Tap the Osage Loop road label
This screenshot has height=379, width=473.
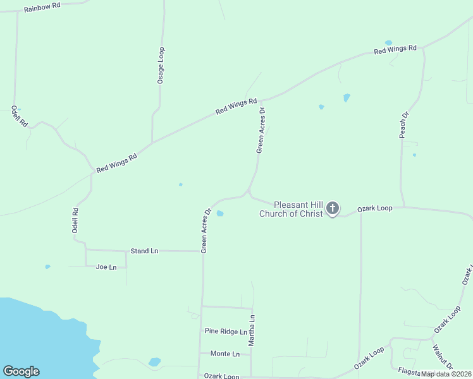tap(161, 65)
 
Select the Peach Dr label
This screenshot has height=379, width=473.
tap(405, 124)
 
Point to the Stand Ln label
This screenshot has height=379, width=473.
tap(144, 251)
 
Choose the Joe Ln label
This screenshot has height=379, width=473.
tap(106, 267)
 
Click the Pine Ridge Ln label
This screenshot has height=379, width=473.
tap(226, 331)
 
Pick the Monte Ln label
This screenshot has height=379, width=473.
tap(225, 354)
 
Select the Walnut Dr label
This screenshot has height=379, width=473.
tap(443, 357)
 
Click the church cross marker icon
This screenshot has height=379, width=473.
tap(333, 208)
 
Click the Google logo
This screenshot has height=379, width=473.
tap(21, 371)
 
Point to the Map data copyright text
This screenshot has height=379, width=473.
tap(446, 374)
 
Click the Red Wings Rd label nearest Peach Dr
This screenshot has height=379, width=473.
tap(395, 49)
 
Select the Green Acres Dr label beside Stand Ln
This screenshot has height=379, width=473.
tap(206, 231)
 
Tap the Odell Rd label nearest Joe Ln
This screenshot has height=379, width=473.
tap(75, 222)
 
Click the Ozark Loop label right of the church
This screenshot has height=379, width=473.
tap(375, 208)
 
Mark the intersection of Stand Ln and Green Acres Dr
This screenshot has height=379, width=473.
tap(202, 251)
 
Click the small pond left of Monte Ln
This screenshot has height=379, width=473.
tap(154, 362)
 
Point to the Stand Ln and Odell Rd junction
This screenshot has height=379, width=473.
tap(86, 250)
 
